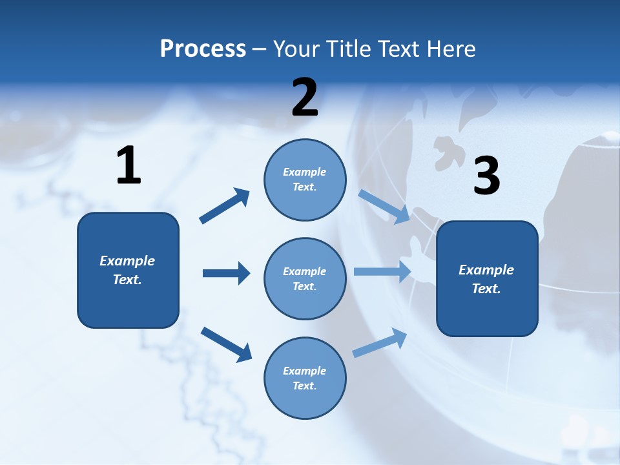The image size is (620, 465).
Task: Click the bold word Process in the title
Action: (203, 48)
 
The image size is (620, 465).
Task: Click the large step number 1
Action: (129, 166)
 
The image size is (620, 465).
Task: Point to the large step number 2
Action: (305, 97)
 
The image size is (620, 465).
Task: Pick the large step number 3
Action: (486, 176)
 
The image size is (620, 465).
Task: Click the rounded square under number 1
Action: (128, 270)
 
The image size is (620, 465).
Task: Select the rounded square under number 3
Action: (487, 278)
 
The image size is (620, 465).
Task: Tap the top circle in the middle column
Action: (305, 180)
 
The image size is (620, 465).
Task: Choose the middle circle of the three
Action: (305, 278)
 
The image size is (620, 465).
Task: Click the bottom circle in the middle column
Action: (305, 378)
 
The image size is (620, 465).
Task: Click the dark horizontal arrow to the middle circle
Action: (226, 273)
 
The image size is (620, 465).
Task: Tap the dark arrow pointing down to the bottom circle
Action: (226, 344)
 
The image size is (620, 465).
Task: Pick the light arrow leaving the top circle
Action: (384, 206)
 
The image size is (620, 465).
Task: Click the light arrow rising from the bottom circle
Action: (380, 342)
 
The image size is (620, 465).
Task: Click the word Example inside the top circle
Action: (305, 172)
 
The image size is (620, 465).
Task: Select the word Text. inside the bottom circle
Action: (305, 386)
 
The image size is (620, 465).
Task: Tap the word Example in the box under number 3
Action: (486, 270)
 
